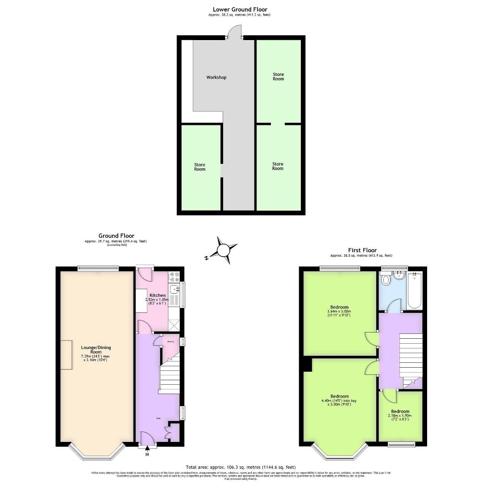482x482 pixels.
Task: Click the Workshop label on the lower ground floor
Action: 216,77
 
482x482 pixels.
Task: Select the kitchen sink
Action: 174,289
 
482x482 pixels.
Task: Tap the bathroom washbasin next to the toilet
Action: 399,275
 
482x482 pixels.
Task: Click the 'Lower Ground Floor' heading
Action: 240,9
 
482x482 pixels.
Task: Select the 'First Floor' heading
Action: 362,250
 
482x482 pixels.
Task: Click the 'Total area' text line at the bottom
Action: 241,467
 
